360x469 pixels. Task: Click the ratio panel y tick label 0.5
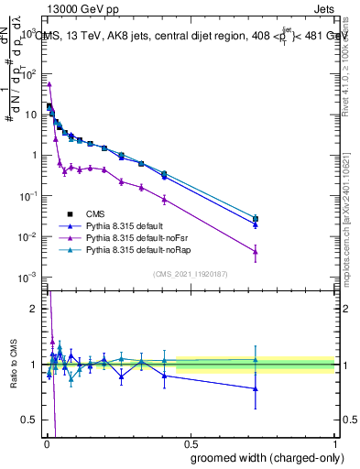click(x=29, y=420)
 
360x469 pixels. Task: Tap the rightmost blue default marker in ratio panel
click(x=256, y=388)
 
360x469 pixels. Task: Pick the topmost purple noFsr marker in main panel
click(x=49, y=84)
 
